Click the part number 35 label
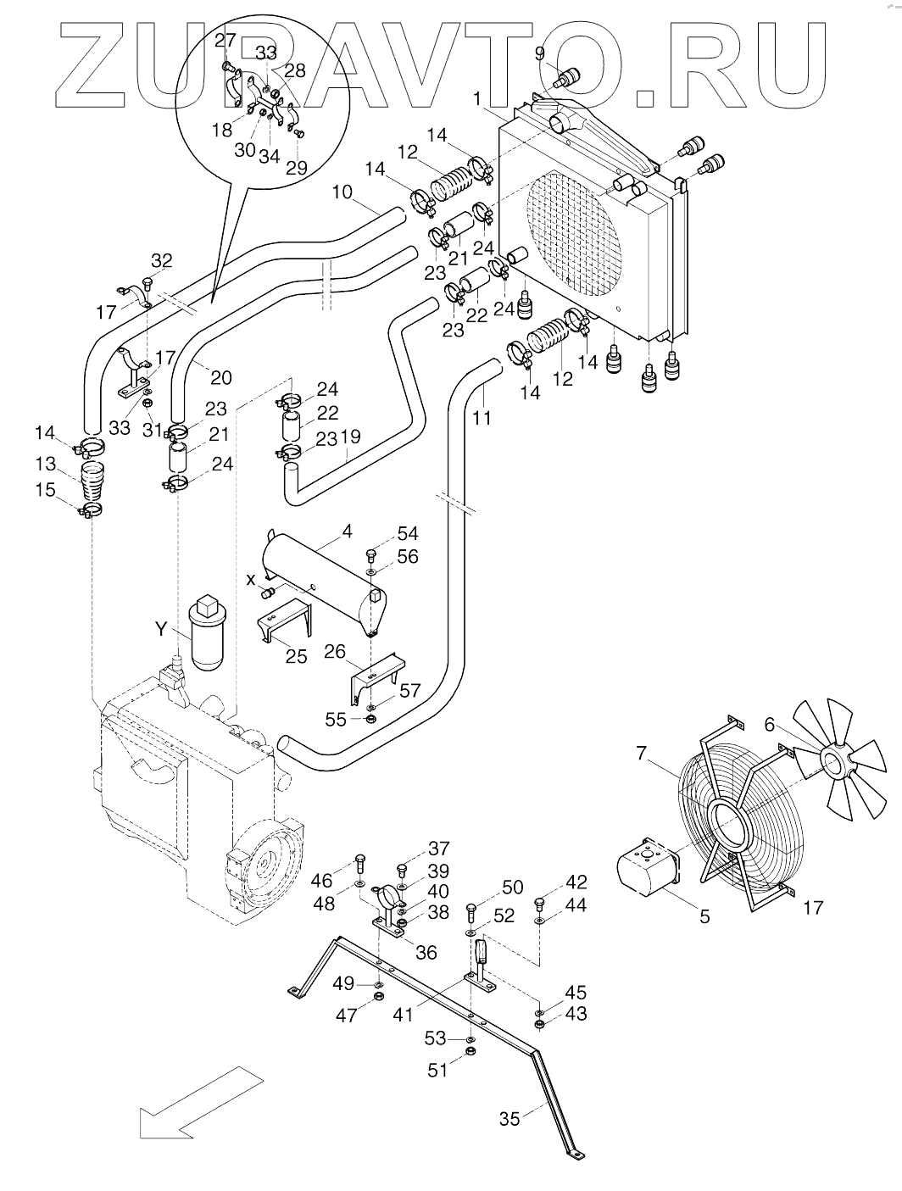pos(509,1119)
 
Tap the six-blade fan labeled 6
pos(838,758)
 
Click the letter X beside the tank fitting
pos(250,581)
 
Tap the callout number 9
pos(539,53)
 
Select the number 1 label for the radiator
pos(476,98)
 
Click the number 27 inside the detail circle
pos(225,40)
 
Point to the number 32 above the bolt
pos(162,261)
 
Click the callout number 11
pos(482,418)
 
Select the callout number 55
pos(336,720)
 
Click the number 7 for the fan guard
pos(642,754)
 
